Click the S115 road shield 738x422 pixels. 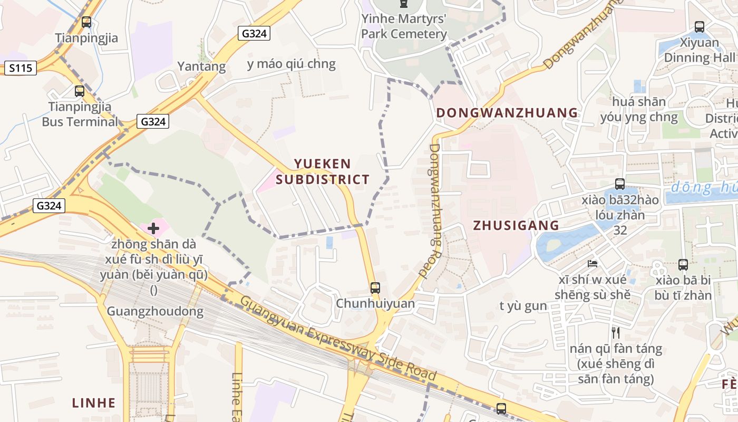tap(21, 68)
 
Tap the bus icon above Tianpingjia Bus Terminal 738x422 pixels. tap(80, 91)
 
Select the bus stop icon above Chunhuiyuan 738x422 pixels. tap(375, 288)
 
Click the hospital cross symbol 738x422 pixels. tap(153, 228)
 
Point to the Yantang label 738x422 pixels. tap(201, 66)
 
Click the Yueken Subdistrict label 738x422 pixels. tap(323, 171)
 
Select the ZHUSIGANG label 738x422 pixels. tap(516, 225)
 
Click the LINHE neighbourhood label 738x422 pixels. tap(94, 403)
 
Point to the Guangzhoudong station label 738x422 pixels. tap(155, 311)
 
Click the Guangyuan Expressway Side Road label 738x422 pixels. tap(338, 339)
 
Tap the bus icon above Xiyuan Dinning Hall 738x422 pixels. tap(700, 26)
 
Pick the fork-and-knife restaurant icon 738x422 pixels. tap(615, 332)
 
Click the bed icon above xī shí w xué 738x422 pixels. tap(593, 263)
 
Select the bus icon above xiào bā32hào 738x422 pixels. tap(620, 184)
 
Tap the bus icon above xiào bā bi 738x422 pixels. tap(683, 265)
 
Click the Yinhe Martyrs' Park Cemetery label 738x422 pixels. tap(404, 26)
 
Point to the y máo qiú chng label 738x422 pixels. tap(291, 64)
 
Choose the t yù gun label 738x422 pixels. tap(523, 306)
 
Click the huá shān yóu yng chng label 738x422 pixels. tap(639, 109)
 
